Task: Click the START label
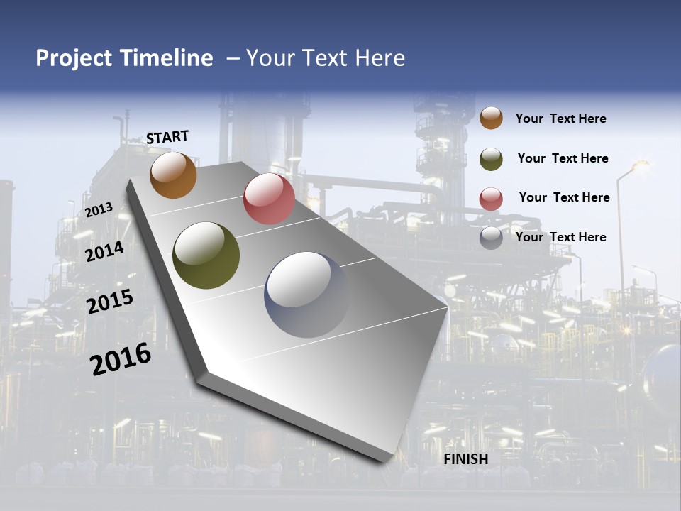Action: (x=167, y=136)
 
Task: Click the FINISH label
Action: (x=465, y=459)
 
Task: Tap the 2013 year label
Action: (x=99, y=209)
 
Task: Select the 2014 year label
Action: (x=104, y=251)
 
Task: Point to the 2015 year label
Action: (x=109, y=302)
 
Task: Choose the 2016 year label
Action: (x=120, y=358)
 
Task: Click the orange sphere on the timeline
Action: (x=173, y=175)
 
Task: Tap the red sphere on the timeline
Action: (x=269, y=199)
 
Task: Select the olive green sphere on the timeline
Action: (x=206, y=255)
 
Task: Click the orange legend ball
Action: (x=491, y=118)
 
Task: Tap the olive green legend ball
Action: (x=491, y=158)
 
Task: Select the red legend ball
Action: (x=491, y=198)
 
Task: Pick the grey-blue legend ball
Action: (x=491, y=237)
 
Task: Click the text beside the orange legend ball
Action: (x=560, y=119)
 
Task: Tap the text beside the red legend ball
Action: (x=564, y=197)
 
